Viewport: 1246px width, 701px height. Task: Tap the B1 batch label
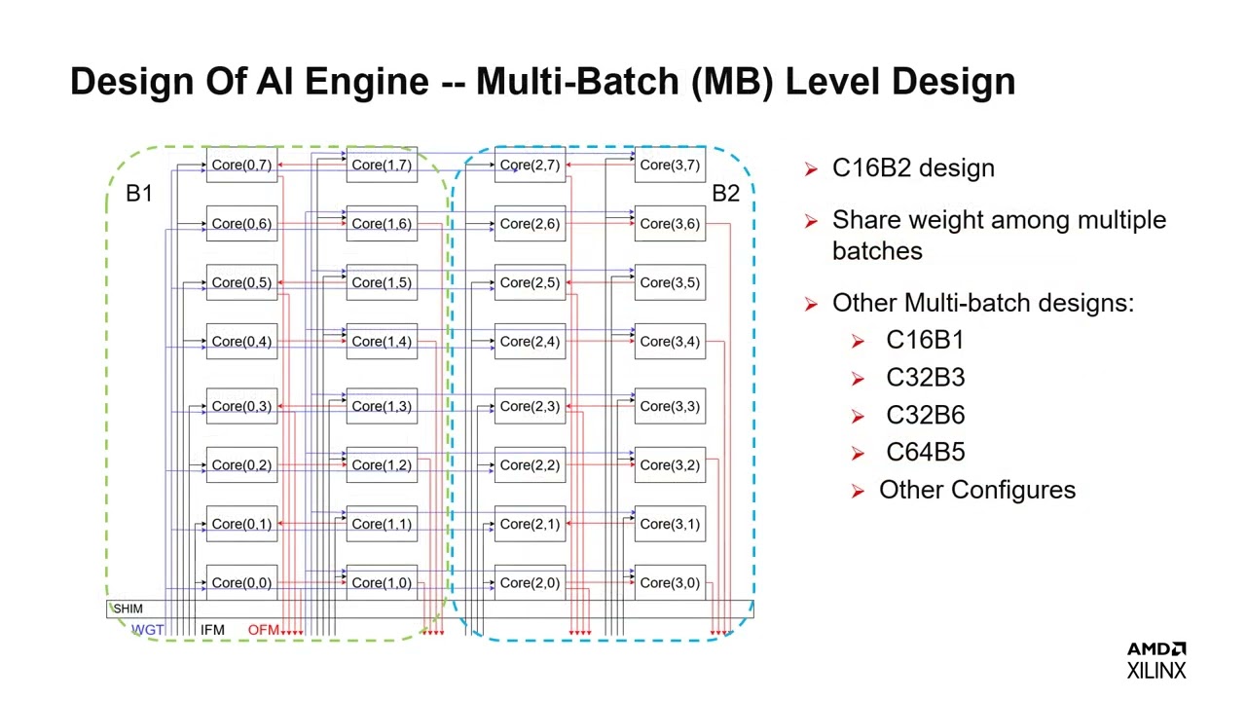139,194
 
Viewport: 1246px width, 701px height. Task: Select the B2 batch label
725,194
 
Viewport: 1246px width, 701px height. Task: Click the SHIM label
128,609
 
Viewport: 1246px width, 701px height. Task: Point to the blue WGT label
148,630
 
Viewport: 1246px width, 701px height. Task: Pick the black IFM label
212,630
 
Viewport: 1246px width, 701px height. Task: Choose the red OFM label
263,630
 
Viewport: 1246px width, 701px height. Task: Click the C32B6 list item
925,415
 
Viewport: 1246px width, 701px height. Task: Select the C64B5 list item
925,453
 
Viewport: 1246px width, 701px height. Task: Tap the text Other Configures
976,490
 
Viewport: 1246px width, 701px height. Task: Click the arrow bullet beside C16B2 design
811,169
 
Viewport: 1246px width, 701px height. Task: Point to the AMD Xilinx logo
1156,660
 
